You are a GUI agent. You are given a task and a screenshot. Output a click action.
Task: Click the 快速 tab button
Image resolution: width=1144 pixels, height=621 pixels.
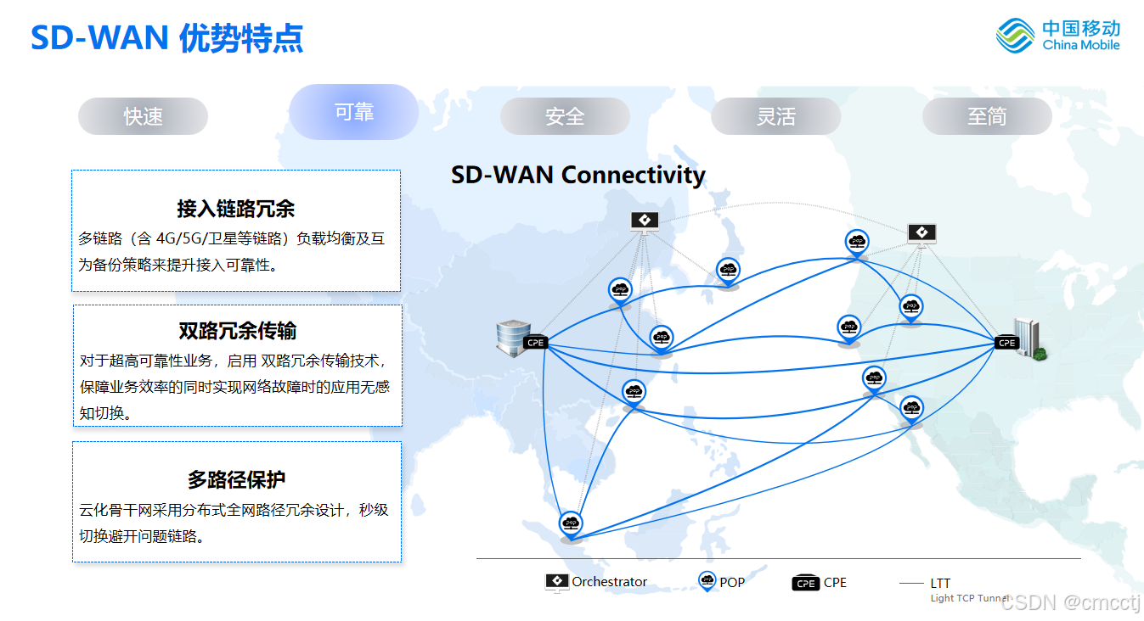pyautogui.click(x=143, y=116)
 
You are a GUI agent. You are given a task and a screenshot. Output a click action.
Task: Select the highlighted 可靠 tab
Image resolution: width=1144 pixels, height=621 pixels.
pyautogui.click(x=354, y=112)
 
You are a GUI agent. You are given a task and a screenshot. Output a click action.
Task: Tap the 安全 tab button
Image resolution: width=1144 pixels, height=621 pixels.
pyautogui.click(x=565, y=116)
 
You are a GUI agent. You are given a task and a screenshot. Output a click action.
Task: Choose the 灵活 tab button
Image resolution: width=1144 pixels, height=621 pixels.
pyautogui.click(x=775, y=116)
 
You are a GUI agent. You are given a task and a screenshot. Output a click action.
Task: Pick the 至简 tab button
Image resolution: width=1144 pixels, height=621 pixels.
pyautogui.click(x=987, y=116)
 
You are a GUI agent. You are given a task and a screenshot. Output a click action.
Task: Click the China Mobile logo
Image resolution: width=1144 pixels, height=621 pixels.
pyautogui.click(x=1058, y=36)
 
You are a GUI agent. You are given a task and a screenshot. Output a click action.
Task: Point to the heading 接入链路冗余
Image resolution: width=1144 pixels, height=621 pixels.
pyautogui.click(x=236, y=209)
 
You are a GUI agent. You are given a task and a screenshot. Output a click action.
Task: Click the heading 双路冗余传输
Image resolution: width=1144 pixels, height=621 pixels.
pyautogui.click(x=237, y=331)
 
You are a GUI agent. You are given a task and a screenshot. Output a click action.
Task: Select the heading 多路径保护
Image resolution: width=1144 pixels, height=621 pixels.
pyautogui.click(x=236, y=479)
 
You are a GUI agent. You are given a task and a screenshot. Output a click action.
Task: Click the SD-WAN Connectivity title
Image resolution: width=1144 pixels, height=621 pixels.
pyautogui.click(x=578, y=175)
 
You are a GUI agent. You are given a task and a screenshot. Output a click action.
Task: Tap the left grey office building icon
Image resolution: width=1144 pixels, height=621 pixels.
pyautogui.click(x=512, y=336)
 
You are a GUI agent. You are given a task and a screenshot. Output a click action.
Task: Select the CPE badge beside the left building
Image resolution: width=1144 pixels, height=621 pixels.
pyautogui.click(x=535, y=343)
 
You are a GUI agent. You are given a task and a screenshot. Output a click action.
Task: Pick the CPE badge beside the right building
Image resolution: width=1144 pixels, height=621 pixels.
pyautogui.click(x=1006, y=343)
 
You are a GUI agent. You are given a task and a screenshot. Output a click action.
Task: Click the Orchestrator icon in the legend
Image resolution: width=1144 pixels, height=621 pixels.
pyautogui.click(x=556, y=582)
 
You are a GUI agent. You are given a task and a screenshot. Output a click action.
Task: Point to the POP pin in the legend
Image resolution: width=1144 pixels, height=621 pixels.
pyautogui.click(x=707, y=581)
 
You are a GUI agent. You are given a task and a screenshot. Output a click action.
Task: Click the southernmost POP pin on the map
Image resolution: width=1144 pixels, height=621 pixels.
pyautogui.click(x=571, y=523)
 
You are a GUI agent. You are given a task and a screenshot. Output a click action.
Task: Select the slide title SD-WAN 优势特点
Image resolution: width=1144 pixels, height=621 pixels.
pyautogui.click(x=167, y=38)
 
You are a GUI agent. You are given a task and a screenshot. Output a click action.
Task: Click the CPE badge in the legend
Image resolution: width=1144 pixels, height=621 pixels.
pyautogui.click(x=805, y=583)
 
